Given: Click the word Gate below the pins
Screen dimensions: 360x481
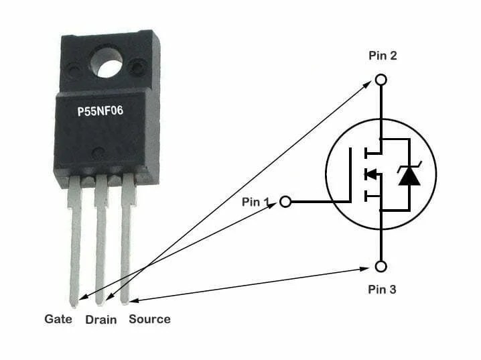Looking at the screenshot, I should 58,319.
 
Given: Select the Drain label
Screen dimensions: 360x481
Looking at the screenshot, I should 101,320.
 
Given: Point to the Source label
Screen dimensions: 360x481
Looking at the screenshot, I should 149,319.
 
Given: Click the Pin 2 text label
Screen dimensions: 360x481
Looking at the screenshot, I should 383,56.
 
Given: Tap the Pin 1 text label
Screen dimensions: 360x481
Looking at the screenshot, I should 255,200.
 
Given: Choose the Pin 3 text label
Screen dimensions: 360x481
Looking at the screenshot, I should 383,290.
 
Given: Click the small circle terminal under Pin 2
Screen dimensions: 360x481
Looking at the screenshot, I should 381,80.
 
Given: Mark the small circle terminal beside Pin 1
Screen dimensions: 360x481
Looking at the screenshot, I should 285,201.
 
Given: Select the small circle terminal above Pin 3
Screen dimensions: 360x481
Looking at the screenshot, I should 381,267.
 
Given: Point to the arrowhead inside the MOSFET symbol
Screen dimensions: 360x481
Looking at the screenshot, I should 369,174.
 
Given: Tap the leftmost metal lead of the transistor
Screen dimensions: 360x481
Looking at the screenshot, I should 74,241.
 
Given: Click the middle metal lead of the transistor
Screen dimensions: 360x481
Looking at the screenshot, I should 100,241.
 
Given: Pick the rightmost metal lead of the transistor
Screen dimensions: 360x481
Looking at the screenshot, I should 126,241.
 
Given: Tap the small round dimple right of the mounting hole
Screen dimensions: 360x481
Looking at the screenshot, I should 139,66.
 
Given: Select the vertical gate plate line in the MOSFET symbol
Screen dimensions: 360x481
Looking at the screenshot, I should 350,174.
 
